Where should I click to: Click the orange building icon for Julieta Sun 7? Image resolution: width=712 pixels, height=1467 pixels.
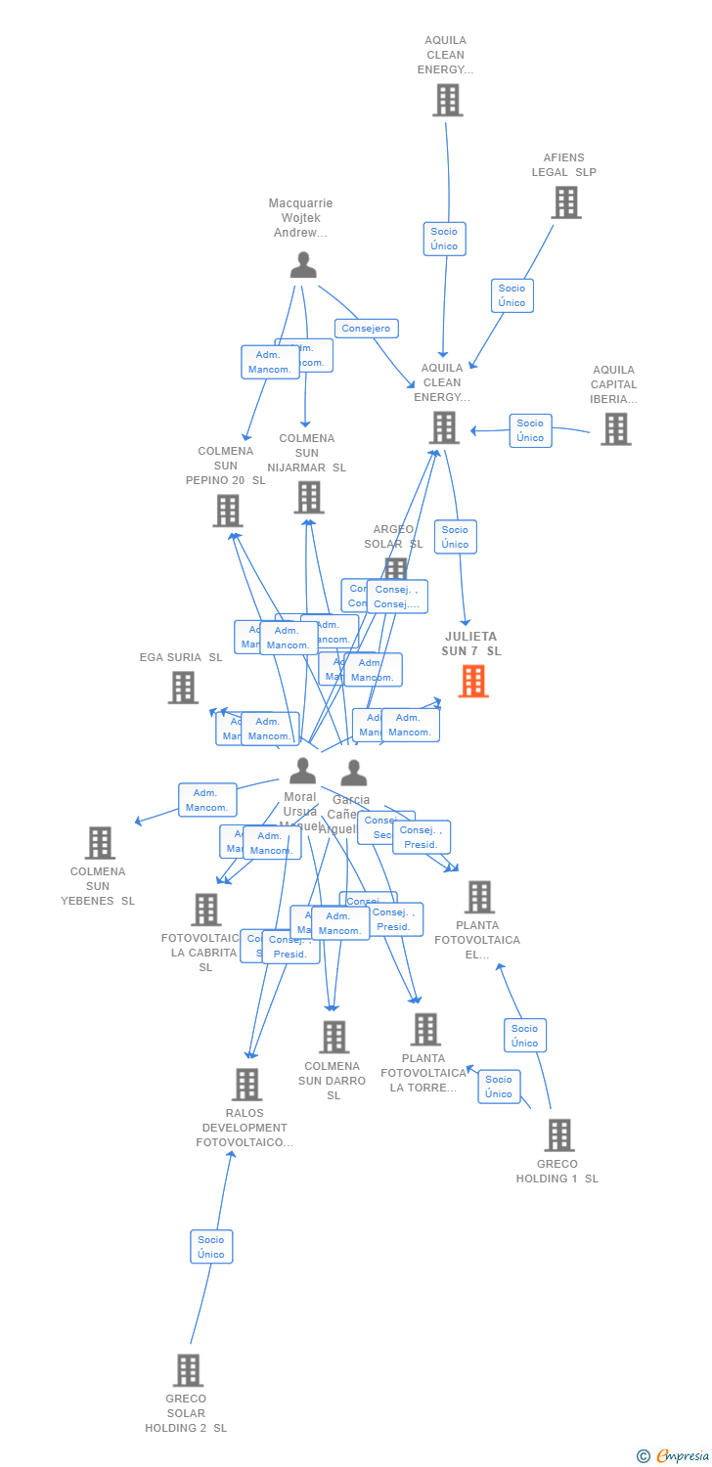click(473, 681)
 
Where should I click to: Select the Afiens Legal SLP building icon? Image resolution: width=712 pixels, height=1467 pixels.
click(565, 202)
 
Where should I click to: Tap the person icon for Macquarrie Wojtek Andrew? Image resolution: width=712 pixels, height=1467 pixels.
click(303, 265)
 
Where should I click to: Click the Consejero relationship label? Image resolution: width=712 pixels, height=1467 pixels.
click(366, 329)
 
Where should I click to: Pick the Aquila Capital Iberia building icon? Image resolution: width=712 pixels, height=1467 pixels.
click(615, 428)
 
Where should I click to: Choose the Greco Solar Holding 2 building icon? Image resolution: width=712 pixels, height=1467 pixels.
click(188, 1370)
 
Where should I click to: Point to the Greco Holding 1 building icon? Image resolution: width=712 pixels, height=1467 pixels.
click(558, 1135)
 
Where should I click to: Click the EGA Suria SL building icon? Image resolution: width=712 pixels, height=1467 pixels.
click(183, 688)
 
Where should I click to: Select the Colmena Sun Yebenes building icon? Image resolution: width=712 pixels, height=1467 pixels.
click(100, 842)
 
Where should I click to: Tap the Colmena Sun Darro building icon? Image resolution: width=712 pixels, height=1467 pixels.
click(334, 1037)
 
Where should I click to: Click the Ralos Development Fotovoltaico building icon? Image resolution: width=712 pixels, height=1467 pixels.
click(246, 1084)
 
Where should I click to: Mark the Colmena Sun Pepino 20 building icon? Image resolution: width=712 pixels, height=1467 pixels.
click(228, 511)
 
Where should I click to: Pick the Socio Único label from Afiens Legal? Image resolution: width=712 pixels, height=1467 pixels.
click(512, 295)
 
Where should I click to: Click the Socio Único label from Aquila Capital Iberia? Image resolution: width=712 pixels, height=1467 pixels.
click(530, 430)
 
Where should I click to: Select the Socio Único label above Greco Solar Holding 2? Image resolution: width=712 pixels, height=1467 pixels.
click(211, 1247)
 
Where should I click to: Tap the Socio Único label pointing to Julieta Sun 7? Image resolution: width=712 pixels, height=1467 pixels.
click(455, 537)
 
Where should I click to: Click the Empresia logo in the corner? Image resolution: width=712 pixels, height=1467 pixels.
click(673, 1455)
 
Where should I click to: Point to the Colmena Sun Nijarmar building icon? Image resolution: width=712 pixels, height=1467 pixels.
click(309, 497)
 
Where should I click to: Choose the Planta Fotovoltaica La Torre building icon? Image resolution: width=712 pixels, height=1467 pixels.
click(425, 1029)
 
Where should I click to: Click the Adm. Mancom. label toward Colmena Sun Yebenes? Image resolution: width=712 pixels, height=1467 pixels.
click(206, 800)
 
